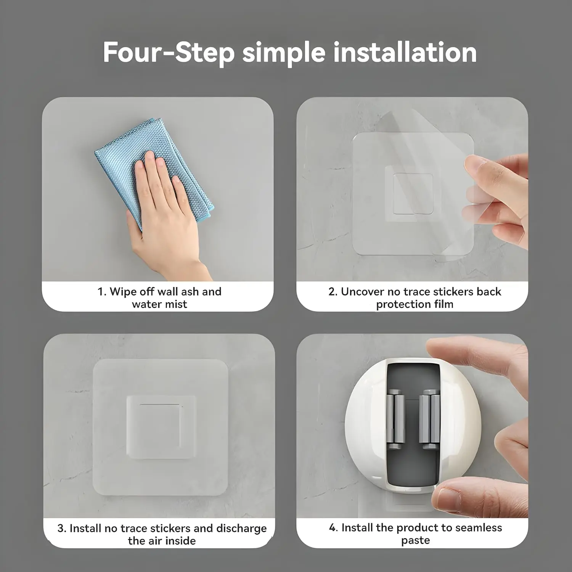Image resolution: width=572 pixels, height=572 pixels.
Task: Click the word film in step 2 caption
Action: pos(444,304)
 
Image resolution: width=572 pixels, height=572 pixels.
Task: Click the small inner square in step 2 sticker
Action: pos(413,193)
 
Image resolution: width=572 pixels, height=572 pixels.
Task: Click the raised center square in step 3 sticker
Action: pos(161,427)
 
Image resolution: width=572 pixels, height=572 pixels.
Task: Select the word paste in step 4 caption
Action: pos(415,541)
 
